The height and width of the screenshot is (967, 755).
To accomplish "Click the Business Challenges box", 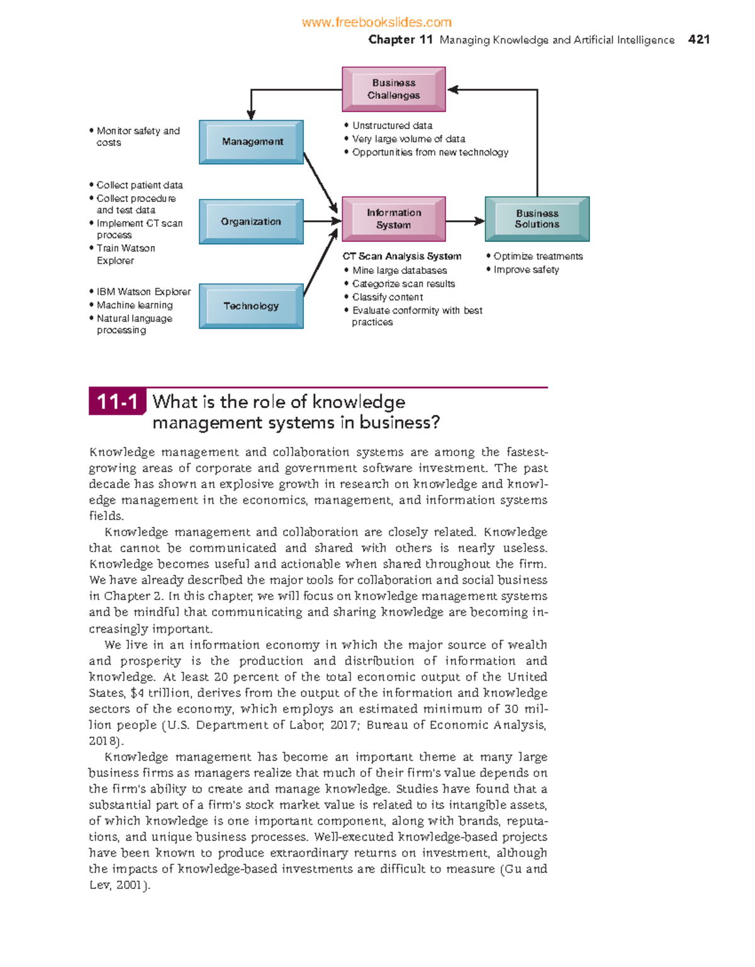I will (394, 89).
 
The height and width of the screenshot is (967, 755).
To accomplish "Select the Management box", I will (252, 142).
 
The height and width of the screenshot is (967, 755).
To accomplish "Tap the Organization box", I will (251, 222).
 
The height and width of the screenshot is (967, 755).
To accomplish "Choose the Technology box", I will (251, 306).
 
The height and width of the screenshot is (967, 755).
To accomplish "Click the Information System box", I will (394, 219).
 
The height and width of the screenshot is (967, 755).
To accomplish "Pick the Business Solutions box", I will (537, 219).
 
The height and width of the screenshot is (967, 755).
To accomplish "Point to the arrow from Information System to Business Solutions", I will (465, 221).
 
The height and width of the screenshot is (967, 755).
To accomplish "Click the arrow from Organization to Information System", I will (322, 221).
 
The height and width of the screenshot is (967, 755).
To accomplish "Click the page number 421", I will (699, 40).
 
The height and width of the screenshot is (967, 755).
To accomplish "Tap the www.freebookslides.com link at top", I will (376, 23).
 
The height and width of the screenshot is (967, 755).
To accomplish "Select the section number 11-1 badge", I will (117, 402).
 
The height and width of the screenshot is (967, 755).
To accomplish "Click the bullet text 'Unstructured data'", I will (392, 126).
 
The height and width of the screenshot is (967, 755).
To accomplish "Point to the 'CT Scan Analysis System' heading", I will (402, 256).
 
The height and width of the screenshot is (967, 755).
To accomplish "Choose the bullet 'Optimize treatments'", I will (538, 256).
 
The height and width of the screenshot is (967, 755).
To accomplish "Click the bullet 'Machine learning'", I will (135, 305).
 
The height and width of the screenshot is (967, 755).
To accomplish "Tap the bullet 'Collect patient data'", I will (140, 185).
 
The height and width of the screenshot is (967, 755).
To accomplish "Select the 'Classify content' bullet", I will (388, 297).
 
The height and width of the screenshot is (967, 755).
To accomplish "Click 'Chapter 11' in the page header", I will (400, 40).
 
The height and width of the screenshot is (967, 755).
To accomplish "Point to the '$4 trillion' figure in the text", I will (160, 693).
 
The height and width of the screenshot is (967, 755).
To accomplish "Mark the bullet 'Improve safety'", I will (526, 269).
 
